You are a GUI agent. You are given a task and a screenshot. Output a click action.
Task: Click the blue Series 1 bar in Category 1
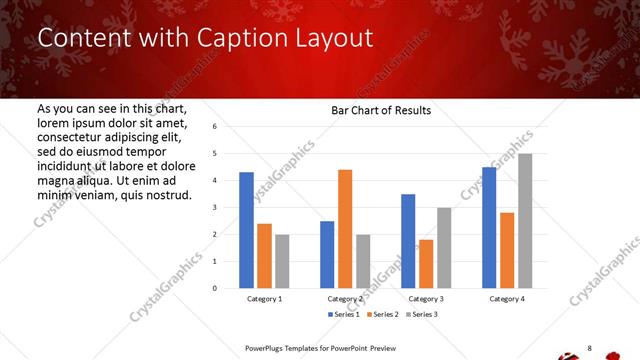[246, 230]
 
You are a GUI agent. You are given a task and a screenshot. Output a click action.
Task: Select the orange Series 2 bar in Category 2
[345, 228]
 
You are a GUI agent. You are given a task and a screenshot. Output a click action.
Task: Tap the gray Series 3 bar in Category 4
[525, 220]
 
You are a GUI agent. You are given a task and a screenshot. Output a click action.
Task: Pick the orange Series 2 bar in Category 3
[426, 263]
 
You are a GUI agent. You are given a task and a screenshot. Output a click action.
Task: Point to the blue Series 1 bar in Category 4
[489, 227]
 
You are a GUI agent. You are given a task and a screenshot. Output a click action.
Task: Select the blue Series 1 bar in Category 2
[327, 254]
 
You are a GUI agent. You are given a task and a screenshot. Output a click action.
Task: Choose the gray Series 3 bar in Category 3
[444, 247]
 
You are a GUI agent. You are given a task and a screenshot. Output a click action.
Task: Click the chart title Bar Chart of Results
[381, 110]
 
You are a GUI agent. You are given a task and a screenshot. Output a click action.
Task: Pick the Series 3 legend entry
[424, 314]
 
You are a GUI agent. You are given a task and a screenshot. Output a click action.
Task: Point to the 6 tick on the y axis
[215, 127]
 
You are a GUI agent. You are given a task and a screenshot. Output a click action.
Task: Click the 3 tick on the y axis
[215, 207]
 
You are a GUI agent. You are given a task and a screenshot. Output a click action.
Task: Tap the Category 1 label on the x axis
[264, 298]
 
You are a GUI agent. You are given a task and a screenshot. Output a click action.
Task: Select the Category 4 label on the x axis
[507, 298]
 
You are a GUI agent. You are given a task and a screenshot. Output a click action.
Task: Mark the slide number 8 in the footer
[589, 348]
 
